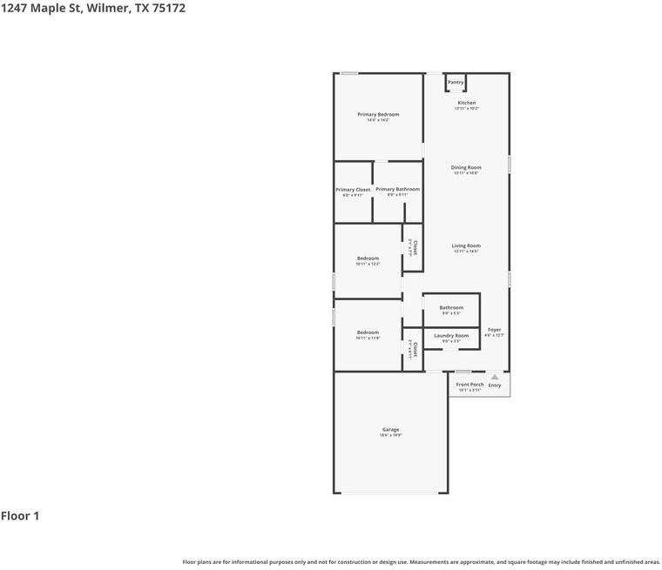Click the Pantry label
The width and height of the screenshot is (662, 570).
pyautogui.click(x=456, y=83)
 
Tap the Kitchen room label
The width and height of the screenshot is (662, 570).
pyautogui.click(x=467, y=103)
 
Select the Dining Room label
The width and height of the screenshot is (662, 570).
pyautogui.click(x=466, y=167)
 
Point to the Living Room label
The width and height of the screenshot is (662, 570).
pyautogui.click(x=466, y=245)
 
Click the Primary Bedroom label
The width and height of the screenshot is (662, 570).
pyautogui.click(x=378, y=115)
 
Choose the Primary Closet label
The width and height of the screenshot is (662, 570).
pyautogui.click(x=353, y=190)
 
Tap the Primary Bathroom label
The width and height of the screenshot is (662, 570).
pyautogui.click(x=397, y=189)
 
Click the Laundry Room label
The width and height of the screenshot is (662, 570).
pyautogui.click(x=451, y=335)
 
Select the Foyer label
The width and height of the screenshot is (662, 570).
pyautogui.click(x=494, y=330)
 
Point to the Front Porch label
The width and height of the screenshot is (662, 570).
pyautogui.click(x=469, y=384)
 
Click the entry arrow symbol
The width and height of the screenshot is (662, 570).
pyautogui.click(x=495, y=377)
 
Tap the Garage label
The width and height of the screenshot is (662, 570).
pyautogui.click(x=390, y=429)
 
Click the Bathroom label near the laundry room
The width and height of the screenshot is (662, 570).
pyautogui.click(x=451, y=307)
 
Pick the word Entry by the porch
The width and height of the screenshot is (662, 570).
pyautogui.click(x=495, y=385)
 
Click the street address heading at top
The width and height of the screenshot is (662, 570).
pyautogui.click(x=92, y=8)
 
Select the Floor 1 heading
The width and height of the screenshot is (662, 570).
pyautogui.click(x=20, y=516)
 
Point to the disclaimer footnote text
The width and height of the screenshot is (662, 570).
pyautogui.click(x=421, y=562)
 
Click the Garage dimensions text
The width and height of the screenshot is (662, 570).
pyautogui.click(x=390, y=435)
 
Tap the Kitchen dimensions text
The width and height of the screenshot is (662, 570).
pyautogui.click(x=467, y=109)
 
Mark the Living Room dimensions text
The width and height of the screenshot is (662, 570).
pyautogui.click(x=466, y=251)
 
